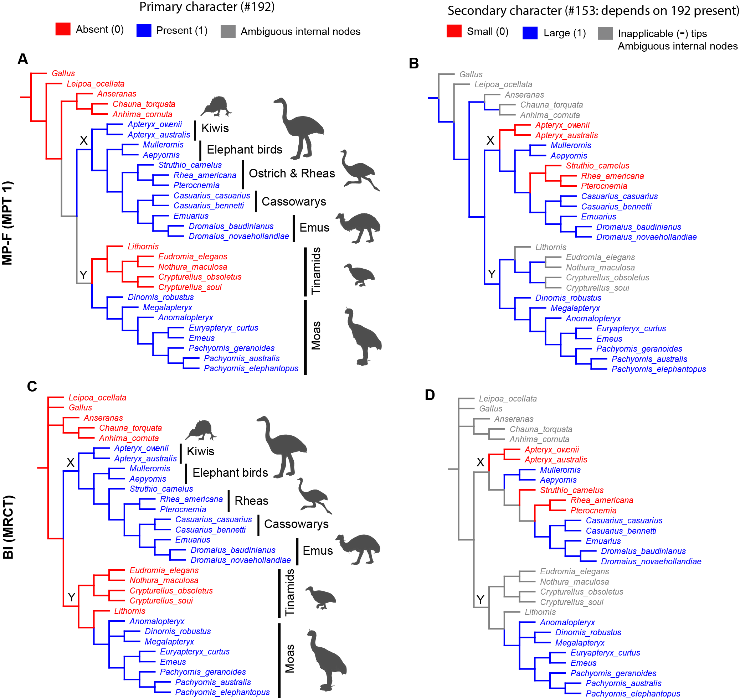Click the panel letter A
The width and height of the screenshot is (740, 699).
(23, 59)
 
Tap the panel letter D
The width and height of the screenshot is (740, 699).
(430, 395)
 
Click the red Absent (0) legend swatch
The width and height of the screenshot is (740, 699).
(63, 30)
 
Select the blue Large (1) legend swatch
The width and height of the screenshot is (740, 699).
(530, 33)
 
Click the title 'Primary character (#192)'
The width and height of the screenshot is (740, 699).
(207, 7)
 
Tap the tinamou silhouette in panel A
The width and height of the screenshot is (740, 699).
(359, 275)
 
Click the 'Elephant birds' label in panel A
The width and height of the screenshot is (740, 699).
(244, 149)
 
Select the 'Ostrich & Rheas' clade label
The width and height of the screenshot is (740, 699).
(292, 173)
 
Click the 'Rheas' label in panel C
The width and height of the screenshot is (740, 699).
(251, 501)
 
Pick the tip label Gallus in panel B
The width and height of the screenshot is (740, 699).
(471, 74)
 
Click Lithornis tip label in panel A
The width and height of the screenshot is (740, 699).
(143, 246)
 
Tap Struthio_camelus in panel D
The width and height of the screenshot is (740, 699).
(571, 490)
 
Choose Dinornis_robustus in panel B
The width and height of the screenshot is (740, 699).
(568, 298)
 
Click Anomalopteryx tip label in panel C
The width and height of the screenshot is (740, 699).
(157, 621)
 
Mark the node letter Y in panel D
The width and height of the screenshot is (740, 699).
(480, 600)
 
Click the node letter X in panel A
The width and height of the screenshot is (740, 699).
(83, 140)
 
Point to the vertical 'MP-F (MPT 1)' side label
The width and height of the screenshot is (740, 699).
(7, 223)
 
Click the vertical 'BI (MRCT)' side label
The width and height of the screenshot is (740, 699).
(8, 527)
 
